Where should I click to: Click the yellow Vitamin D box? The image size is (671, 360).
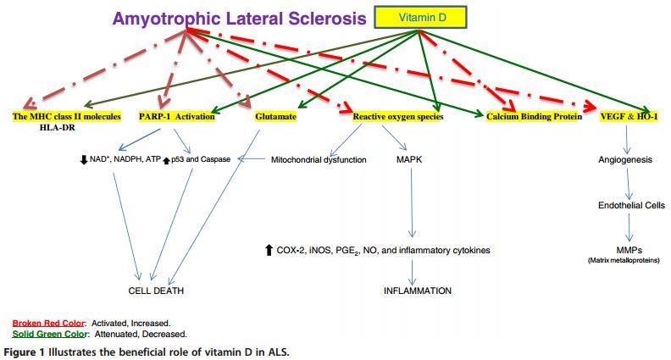coord(419,17)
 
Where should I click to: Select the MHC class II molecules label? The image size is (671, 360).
coord(67,116)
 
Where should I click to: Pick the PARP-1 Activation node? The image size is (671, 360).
coord(177,116)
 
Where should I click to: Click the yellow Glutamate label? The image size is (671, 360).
coord(275,116)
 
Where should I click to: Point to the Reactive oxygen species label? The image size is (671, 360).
coord(398,116)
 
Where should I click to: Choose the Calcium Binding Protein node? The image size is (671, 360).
coord(534,116)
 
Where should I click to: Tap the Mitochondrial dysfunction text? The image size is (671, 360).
coord(319,158)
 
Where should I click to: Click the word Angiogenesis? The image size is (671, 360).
coord(623,158)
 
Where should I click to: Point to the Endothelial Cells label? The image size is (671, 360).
coord(631,204)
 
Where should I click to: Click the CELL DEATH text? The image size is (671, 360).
coord(156,291)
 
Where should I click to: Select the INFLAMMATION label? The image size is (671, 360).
coord(418,291)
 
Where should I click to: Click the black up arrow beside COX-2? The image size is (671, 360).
coord(269,250)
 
